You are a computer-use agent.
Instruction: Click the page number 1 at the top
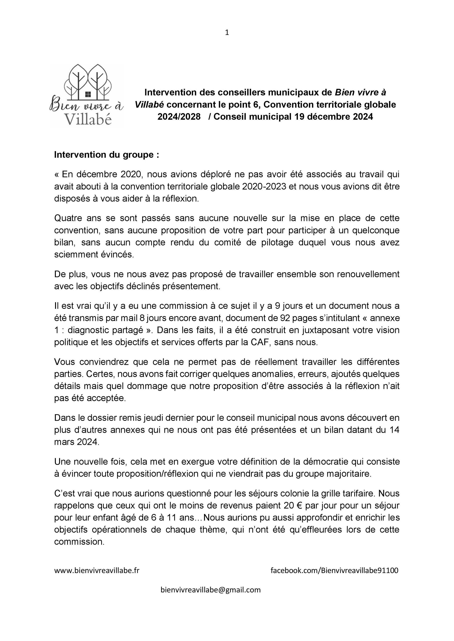pyautogui.click(x=227, y=33)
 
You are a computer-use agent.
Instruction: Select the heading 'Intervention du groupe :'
pyautogui.click(x=106, y=155)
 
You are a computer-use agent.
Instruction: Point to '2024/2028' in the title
pyautogui.click(x=179, y=116)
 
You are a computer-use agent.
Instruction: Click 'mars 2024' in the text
pyautogui.click(x=77, y=442)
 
